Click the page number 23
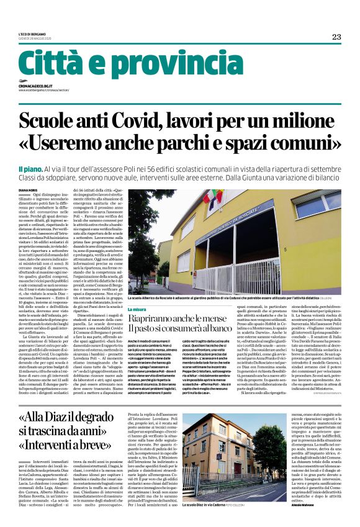(x=336, y=36)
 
